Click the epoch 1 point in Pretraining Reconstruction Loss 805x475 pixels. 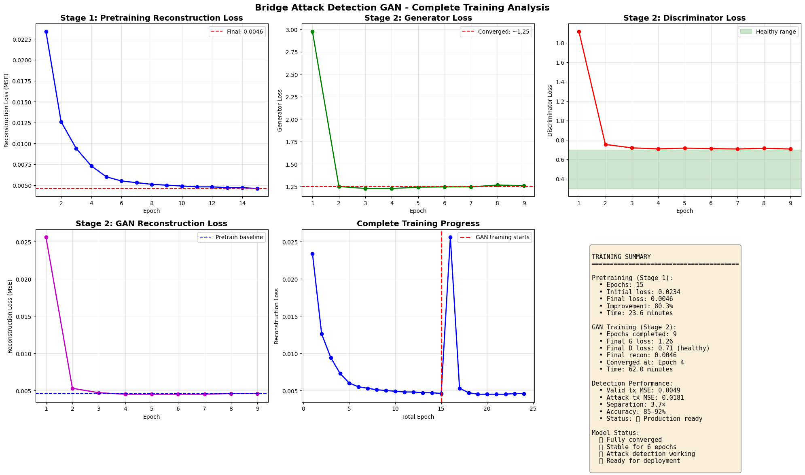[x=46, y=32]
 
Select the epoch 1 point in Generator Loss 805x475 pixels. [x=312, y=32]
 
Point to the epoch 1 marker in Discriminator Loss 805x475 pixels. [x=579, y=32]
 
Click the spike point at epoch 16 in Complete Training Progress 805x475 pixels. [x=450, y=237]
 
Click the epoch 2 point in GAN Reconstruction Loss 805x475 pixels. [x=72, y=388]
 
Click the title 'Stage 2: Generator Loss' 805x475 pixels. [x=418, y=18]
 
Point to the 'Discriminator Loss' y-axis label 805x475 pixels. [x=550, y=110]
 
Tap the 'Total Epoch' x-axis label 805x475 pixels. [x=418, y=417]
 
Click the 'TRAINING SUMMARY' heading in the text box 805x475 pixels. [x=621, y=257]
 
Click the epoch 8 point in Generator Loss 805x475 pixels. [x=498, y=185]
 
